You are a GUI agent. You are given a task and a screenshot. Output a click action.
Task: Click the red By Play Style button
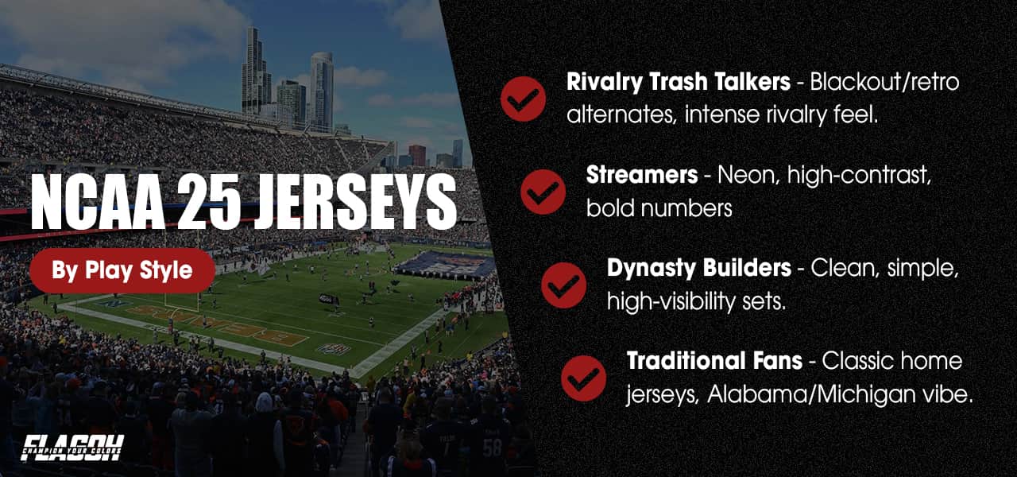pyautogui.click(x=122, y=270)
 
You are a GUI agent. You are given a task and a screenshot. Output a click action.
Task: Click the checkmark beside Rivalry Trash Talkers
pyautogui.click(x=523, y=99)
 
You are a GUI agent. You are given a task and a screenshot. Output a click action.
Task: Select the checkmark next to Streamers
pyautogui.click(x=543, y=192)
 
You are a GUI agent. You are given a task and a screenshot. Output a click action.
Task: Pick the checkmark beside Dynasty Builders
pyautogui.click(x=563, y=285)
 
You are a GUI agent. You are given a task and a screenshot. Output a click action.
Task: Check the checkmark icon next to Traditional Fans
pyautogui.click(x=583, y=378)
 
